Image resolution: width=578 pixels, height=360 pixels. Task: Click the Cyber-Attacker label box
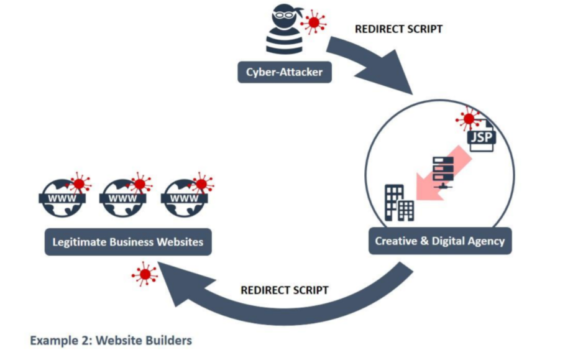point(284,72)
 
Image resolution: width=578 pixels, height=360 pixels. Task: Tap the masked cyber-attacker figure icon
point(283,34)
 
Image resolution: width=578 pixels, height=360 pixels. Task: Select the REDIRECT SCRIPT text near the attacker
point(398,29)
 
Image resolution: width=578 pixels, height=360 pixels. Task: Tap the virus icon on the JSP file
point(467,118)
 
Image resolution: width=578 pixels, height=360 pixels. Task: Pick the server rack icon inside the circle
point(443,172)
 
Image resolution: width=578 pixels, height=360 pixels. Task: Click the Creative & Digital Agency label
point(440,241)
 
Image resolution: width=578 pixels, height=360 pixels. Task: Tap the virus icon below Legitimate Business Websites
point(145,274)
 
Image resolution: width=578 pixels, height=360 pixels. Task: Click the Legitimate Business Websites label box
point(127,241)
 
